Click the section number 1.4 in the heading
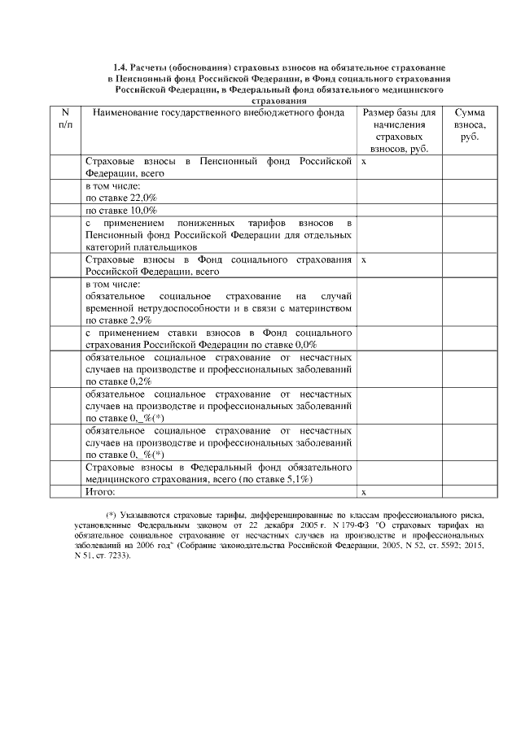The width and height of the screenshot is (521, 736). (120, 68)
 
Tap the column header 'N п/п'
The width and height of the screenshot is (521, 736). (65, 120)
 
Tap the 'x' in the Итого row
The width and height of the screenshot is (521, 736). (364, 493)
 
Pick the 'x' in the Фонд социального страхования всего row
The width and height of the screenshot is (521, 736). (364, 260)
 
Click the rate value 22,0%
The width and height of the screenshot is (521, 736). (142, 198)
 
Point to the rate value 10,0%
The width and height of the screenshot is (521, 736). (142, 210)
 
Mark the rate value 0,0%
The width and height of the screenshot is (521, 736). (302, 345)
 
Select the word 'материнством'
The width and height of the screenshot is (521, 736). (314, 309)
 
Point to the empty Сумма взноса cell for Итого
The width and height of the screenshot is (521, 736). (469, 492)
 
